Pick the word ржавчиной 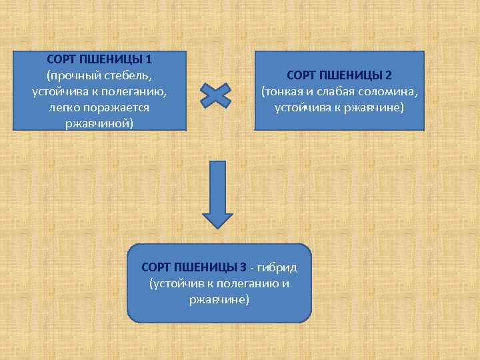point(99,123)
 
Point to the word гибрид point(279,267)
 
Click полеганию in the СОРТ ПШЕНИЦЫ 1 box point(139,91)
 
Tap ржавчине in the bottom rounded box point(219,299)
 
